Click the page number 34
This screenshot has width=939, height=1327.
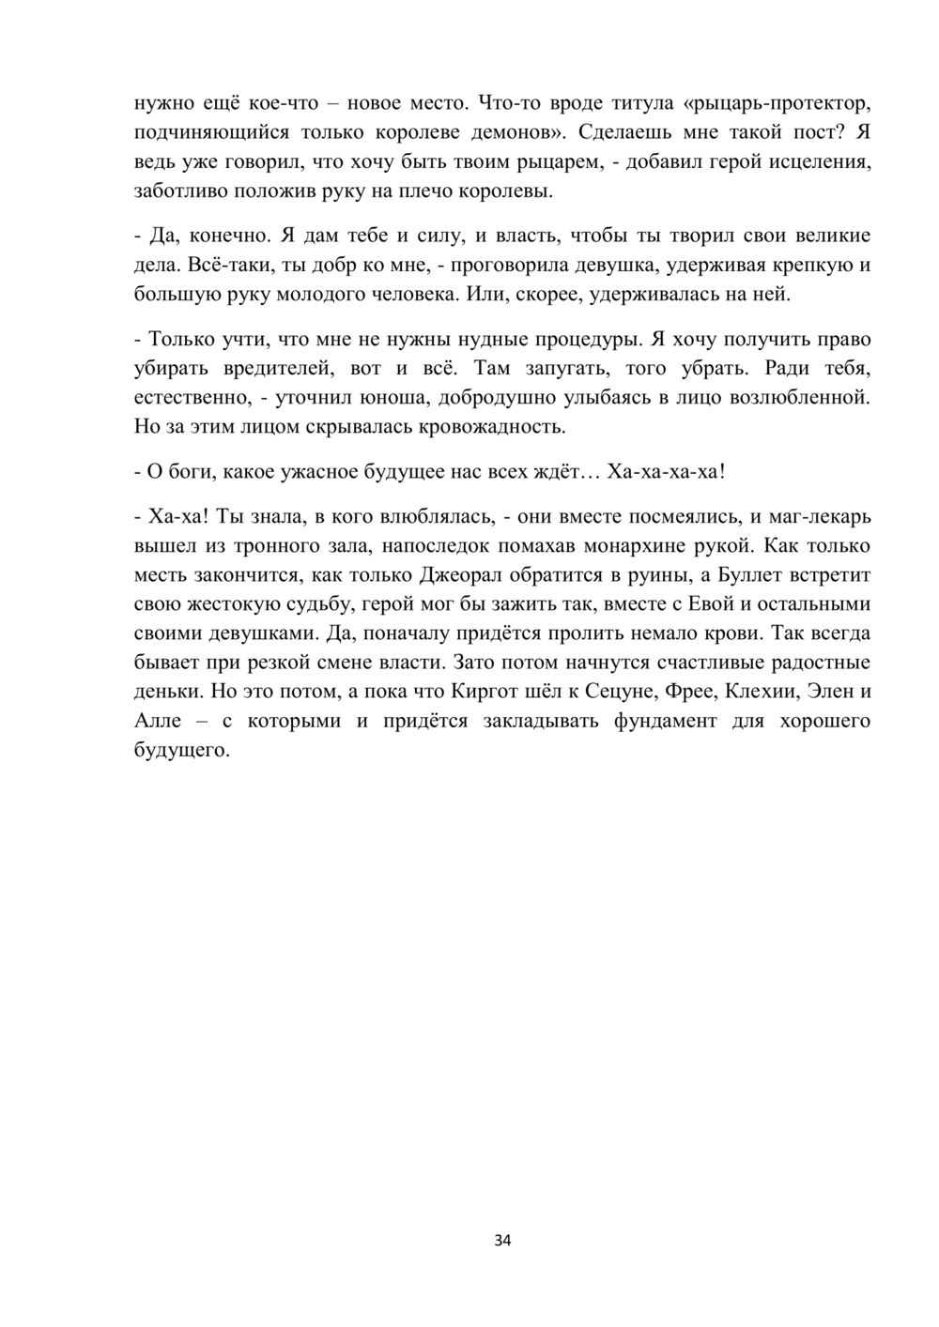502,1241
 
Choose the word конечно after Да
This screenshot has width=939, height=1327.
223,236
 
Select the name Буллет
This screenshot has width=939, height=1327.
740,575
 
